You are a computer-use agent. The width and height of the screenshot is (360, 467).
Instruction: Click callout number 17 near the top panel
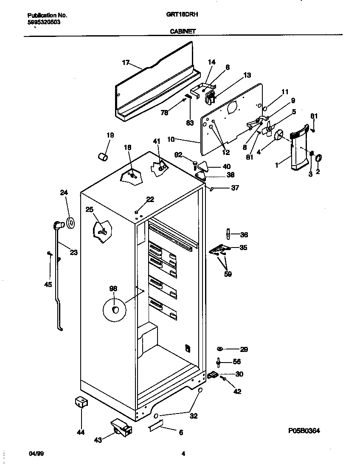[126, 62]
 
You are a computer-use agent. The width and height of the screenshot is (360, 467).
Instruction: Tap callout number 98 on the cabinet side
[113, 289]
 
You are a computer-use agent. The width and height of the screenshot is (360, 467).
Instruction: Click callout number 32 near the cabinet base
[194, 416]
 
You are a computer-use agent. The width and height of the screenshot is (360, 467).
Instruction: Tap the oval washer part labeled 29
[220, 349]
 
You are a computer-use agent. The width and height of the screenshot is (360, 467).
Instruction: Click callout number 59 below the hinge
[228, 274]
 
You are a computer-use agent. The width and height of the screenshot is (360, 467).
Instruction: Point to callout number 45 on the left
[48, 284]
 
